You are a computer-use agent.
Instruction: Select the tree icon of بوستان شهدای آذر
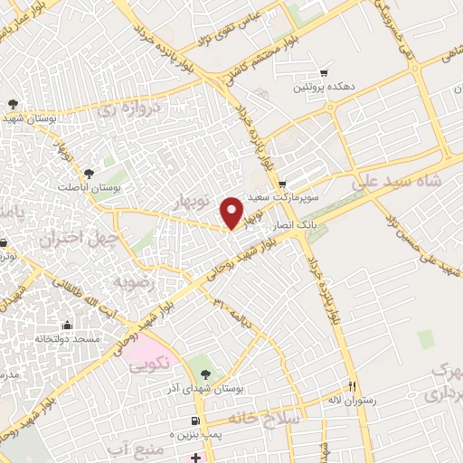coord(207,373)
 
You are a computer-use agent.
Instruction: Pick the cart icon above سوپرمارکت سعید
coord(282,184)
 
